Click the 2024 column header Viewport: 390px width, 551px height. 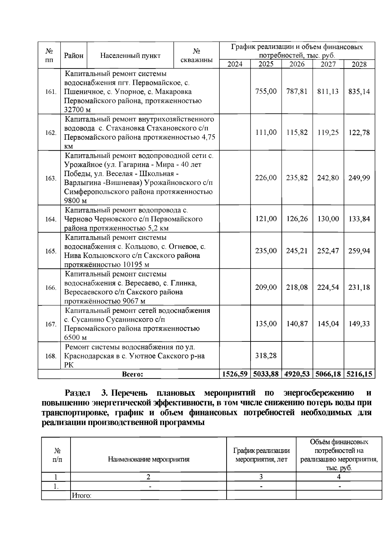(x=235, y=64)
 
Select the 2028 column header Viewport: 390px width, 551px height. (x=359, y=64)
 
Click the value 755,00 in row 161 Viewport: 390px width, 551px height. (x=266, y=91)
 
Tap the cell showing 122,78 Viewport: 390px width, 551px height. (x=359, y=132)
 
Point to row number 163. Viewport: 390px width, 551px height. (x=50, y=178)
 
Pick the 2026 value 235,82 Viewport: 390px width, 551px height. (x=297, y=178)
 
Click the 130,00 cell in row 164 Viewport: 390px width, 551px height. (x=328, y=219)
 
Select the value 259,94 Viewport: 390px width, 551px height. (x=359, y=251)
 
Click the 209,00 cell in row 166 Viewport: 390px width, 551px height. (x=266, y=287)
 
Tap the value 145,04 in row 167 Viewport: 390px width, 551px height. (x=328, y=324)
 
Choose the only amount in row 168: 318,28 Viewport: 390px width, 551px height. (x=266, y=355)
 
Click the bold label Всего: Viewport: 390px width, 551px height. (x=133, y=374)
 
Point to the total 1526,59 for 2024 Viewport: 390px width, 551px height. (x=235, y=374)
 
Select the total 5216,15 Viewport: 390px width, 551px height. (x=359, y=374)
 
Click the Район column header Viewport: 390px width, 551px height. (x=74, y=56)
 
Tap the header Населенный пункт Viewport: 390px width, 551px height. (x=130, y=56)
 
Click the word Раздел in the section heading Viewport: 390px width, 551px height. (x=78, y=393)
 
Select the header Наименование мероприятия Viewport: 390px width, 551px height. (x=149, y=459)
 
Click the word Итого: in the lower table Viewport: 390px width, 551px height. (x=81, y=496)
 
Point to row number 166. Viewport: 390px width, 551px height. (x=50, y=288)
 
